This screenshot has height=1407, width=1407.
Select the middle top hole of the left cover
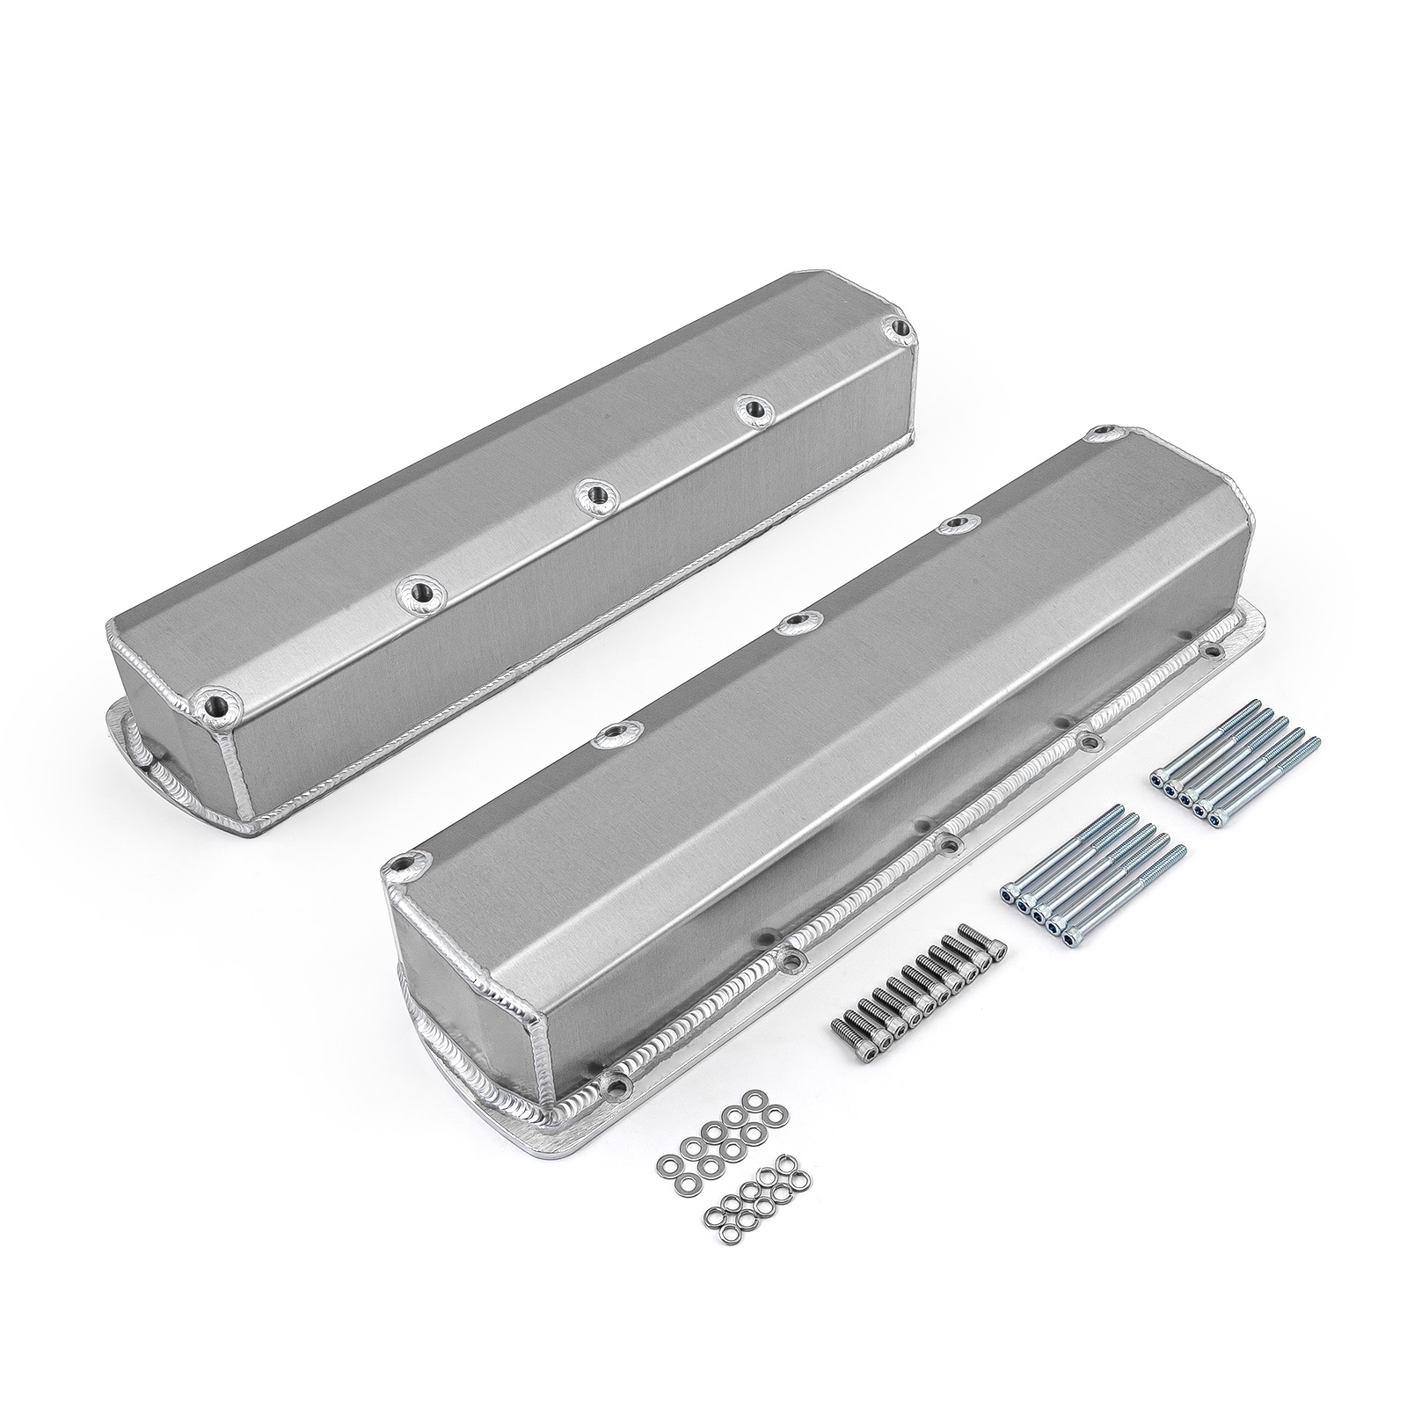pyautogui.click(x=595, y=494)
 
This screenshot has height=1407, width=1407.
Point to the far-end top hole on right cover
pyautogui.click(x=1104, y=434)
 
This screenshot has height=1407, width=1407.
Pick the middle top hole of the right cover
pyautogui.click(x=794, y=622)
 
